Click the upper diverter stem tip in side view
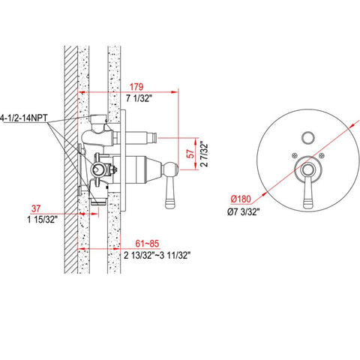tap(155, 138)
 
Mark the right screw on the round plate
tap(321, 157)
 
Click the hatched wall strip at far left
tap(70, 150)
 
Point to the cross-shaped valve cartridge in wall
tap(97, 168)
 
